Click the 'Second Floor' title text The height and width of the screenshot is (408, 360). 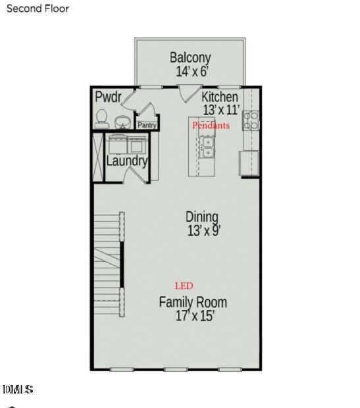click(x=38, y=9)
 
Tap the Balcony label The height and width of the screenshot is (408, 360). click(x=190, y=57)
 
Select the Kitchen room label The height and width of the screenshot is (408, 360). click(x=220, y=97)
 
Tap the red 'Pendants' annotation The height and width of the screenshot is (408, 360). click(x=211, y=125)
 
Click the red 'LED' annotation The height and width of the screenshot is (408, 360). click(x=184, y=286)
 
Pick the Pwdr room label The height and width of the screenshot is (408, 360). click(x=109, y=97)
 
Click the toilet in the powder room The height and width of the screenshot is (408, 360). click(x=102, y=118)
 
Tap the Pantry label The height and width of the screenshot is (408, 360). click(x=147, y=125)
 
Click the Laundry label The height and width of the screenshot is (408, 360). click(x=127, y=161)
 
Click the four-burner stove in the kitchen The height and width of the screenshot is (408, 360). click(x=251, y=120)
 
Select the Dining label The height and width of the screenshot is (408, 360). click(x=202, y=217)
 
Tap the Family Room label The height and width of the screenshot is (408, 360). click(x=193, y=302)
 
